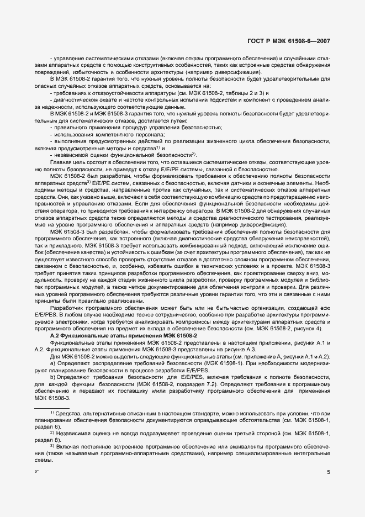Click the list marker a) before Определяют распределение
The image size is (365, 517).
click(52, 364)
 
